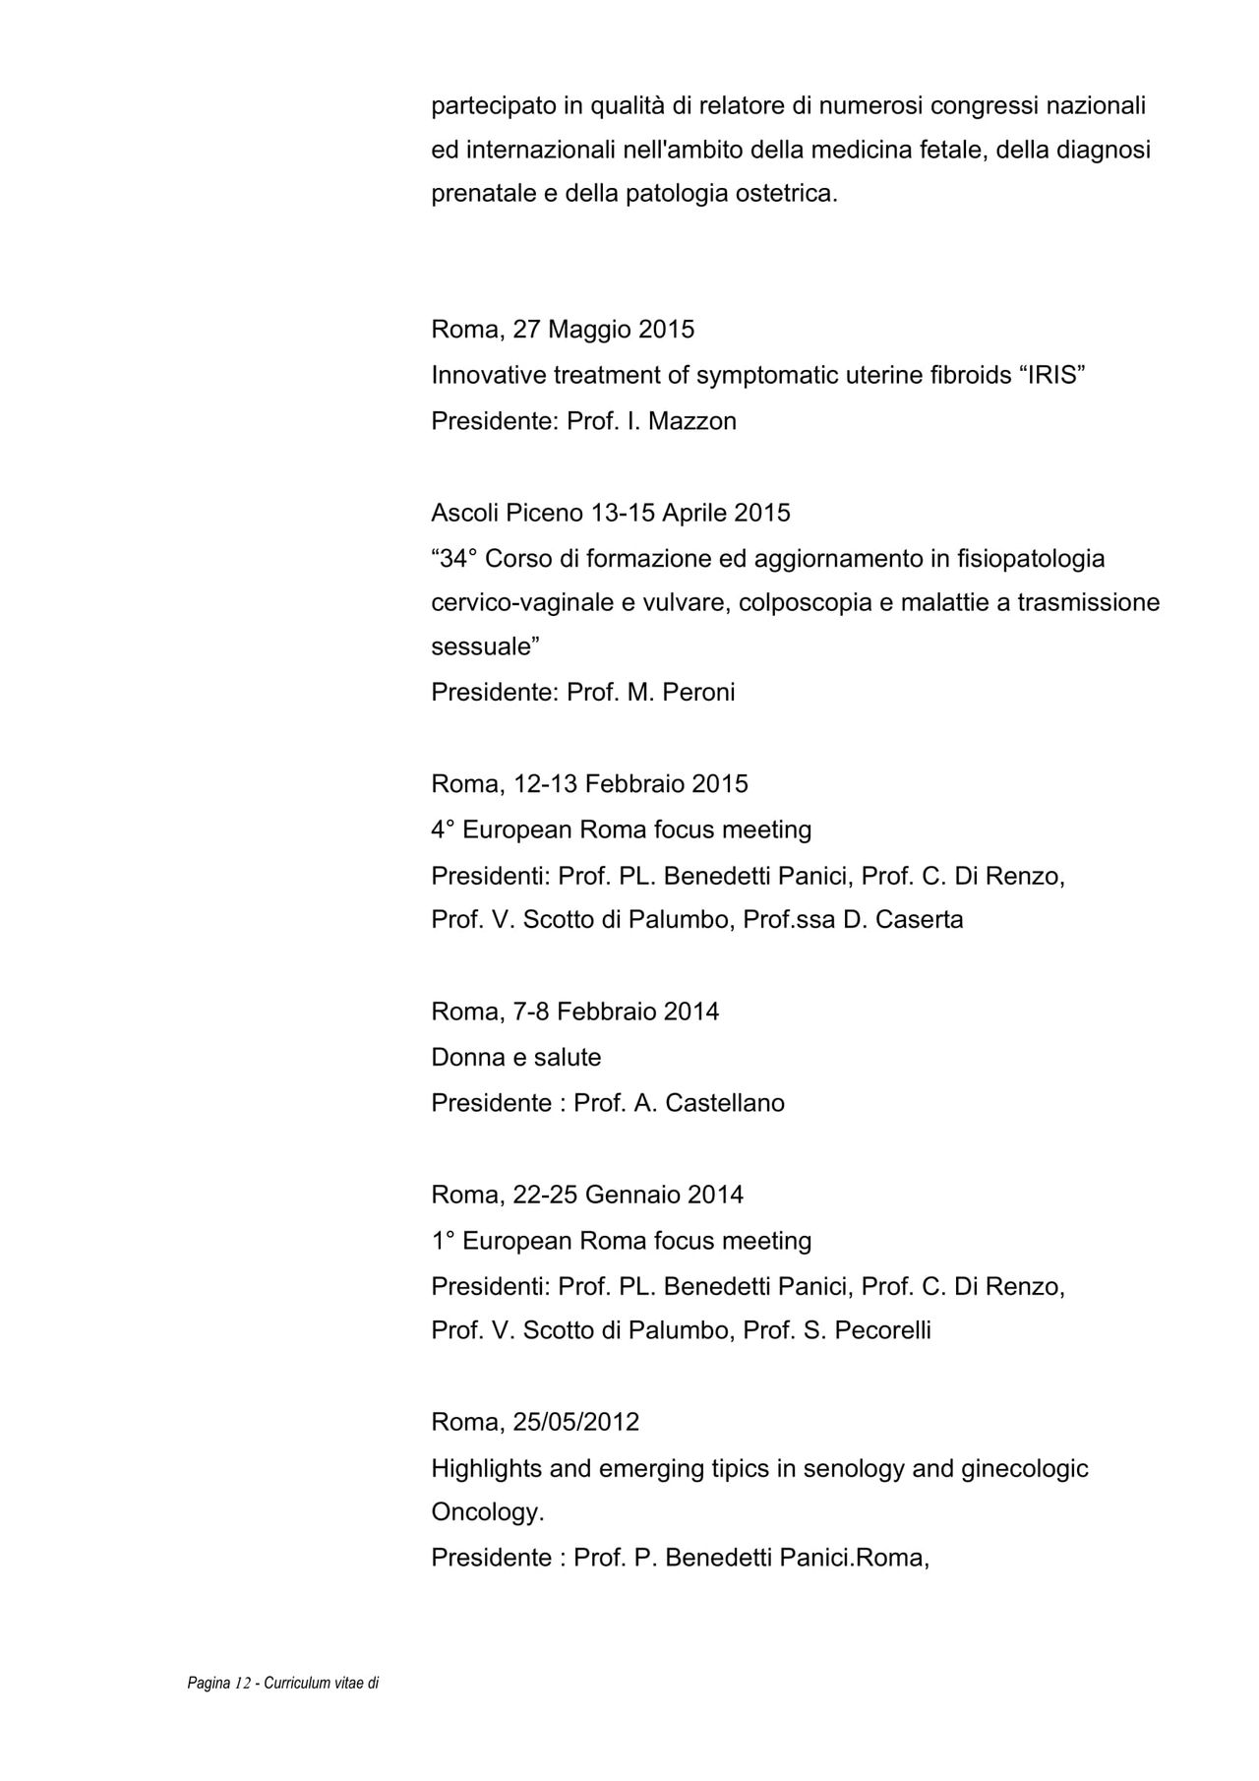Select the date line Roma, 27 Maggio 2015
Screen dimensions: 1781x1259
(563, 329)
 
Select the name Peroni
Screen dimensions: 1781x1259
(698, 692)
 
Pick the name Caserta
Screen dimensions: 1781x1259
(919, 920)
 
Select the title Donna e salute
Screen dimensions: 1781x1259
(516, 1058)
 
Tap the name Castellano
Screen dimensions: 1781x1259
(724, 1103)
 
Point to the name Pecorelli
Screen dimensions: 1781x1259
(882, 1330)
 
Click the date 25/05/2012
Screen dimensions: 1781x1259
(575, 1422)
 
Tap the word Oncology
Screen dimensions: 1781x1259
(487, 1512)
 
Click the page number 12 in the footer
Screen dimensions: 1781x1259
(244, 1684)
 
